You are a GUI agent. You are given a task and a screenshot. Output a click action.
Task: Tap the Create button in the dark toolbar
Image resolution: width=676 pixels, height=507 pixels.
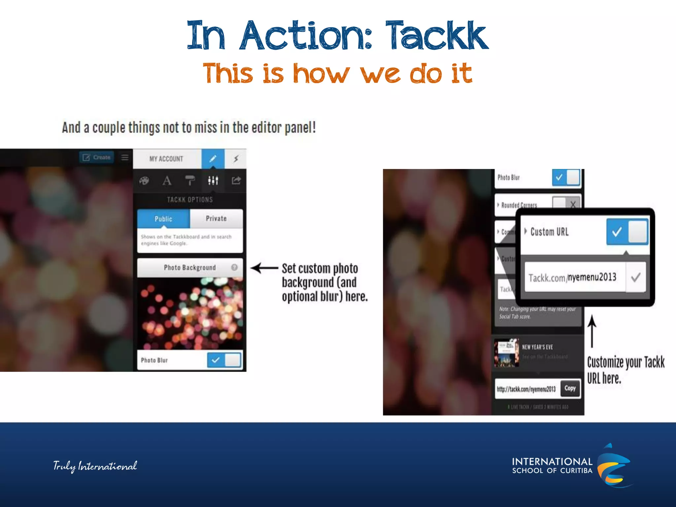point(96,157)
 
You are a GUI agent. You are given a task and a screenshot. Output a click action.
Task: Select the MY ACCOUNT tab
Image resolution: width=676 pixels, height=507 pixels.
point(166,159)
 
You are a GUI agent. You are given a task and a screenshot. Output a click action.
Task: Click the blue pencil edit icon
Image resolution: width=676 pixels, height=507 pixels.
point(213,159)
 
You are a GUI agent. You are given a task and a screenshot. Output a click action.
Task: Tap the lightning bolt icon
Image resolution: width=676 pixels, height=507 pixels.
point(236,159)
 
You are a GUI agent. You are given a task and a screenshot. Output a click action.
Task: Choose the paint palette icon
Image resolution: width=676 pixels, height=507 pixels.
point(144,181)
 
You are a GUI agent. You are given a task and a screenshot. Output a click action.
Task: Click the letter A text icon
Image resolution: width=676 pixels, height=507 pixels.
point(167,181)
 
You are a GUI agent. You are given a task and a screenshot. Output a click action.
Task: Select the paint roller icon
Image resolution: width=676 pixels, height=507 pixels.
point(190,181)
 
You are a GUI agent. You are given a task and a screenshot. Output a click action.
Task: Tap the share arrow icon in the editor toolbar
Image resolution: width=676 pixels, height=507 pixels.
point(236,181)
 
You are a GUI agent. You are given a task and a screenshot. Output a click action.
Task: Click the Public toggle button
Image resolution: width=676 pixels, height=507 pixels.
point(163,219)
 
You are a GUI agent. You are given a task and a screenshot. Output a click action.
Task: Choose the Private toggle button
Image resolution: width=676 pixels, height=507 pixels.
point(216,219)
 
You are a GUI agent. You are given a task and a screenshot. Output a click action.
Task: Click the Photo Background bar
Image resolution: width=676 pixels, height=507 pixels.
point(190,267)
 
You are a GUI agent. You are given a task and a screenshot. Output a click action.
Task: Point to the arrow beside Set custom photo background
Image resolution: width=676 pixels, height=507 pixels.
point(264,268)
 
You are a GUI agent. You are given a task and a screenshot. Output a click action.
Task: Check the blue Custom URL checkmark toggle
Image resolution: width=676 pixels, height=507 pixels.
point(617,232)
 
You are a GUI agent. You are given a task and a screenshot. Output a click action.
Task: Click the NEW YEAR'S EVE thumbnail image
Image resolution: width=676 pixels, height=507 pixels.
point(506,353)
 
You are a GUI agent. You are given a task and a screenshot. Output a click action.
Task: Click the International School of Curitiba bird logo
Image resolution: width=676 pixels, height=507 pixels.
point(614,465)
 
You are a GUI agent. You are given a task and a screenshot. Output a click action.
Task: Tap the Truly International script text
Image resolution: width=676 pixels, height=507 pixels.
point(95,466)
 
